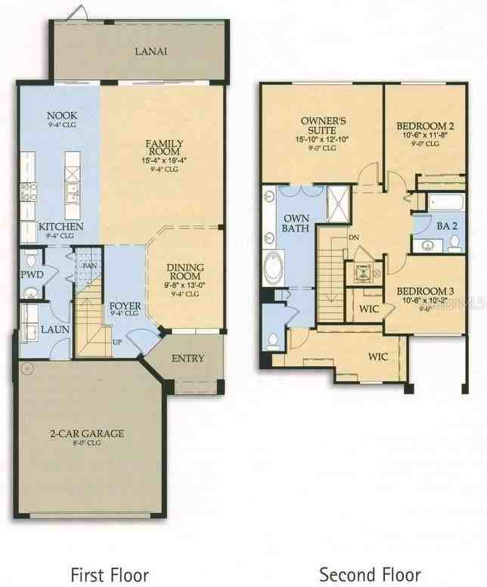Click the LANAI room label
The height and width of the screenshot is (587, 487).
tap(150, 51)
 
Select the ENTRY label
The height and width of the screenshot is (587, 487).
tap(188, 358)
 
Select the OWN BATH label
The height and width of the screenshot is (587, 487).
tap(296, 223)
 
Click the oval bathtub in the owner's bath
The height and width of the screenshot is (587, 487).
tap(271, 268)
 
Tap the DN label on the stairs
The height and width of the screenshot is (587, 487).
tap(353, 237)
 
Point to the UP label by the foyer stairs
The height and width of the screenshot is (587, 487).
tap(116, 342)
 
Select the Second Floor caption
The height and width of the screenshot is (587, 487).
tap(370, 574)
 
